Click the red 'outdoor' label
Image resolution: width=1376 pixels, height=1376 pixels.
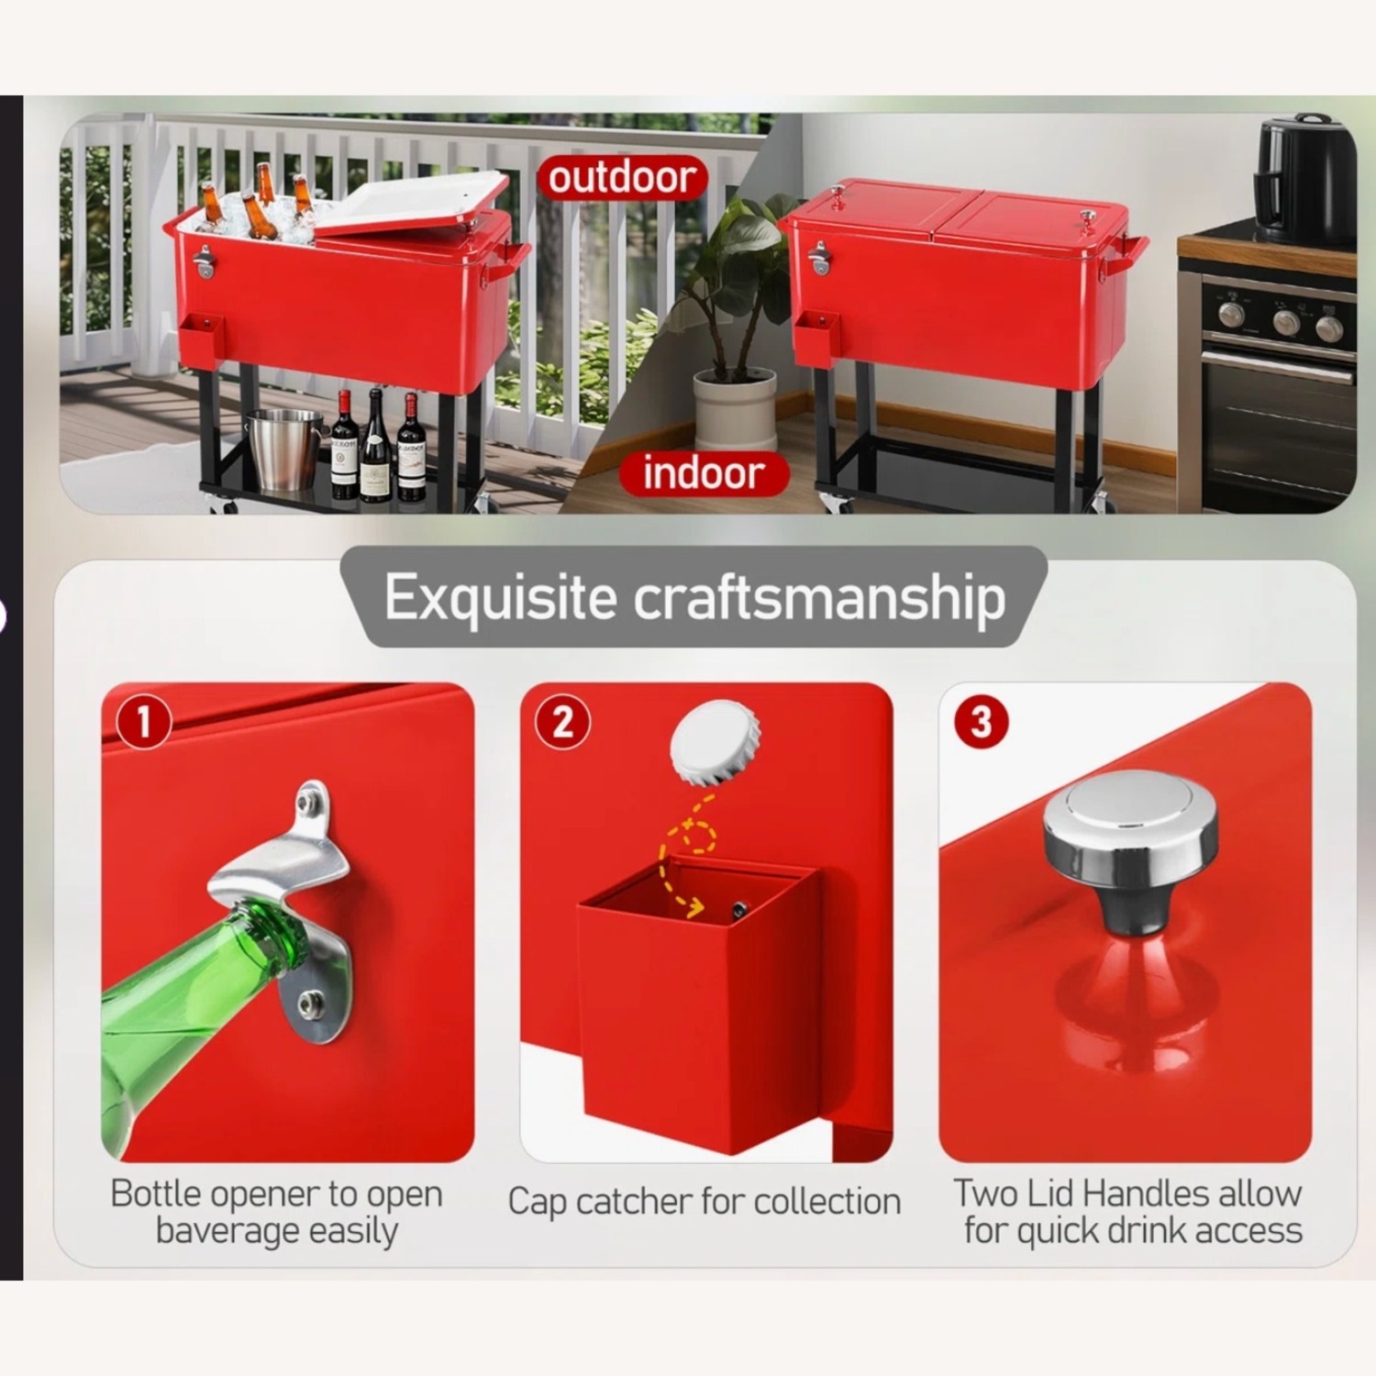coord(623,177)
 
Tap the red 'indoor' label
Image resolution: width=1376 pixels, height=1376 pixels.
coord(704,472)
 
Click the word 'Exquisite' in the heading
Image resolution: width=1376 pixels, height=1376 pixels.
coord(500,598)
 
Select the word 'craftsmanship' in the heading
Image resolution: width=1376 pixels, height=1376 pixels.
coord(820,598)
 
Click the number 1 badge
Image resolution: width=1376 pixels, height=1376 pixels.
coord(143,721)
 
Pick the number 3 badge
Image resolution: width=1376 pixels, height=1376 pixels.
coord(981,721)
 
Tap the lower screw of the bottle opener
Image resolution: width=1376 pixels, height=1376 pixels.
coord(312,1002)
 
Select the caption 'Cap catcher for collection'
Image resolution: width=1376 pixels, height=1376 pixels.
coord(705,1201)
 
